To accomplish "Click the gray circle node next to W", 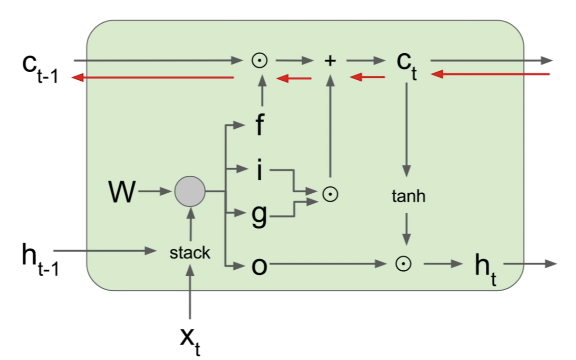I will point(190,191).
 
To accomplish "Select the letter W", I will point(122,192).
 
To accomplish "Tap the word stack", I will point(190,253).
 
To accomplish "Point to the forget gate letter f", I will point(259,127).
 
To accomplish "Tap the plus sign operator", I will point(330,61).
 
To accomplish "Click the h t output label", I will point(486,269).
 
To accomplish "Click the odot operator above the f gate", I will point(261,61).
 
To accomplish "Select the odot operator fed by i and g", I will point(330,193).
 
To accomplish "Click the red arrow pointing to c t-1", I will point(152,78).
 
